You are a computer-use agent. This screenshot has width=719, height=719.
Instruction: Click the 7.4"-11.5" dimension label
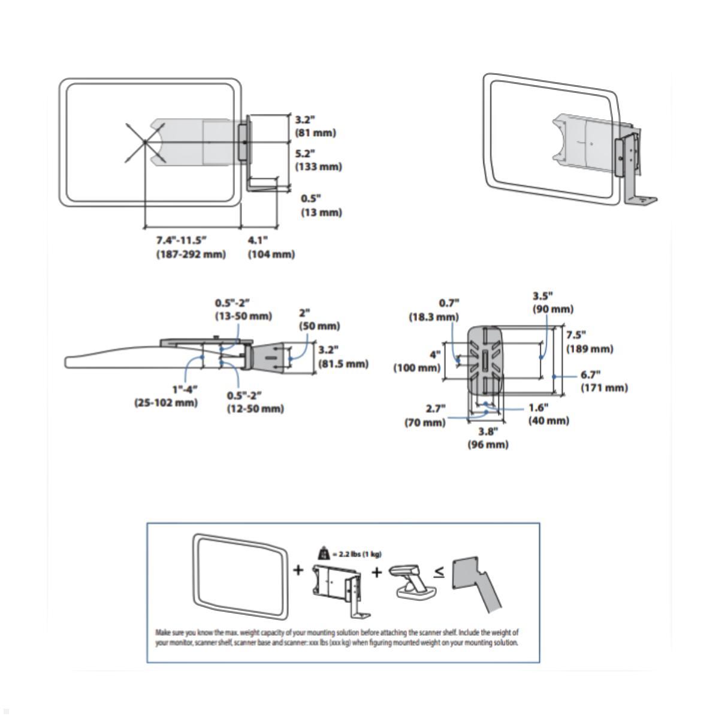191,247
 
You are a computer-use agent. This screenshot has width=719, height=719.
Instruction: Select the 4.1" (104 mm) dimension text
271,247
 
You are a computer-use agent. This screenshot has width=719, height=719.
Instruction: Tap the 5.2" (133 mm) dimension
318,160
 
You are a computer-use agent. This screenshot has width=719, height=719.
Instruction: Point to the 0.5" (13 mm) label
321,205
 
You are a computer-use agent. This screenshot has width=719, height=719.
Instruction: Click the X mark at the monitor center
144,142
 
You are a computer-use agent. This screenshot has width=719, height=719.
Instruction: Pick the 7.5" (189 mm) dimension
590,342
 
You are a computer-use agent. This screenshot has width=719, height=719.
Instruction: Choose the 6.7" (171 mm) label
604,381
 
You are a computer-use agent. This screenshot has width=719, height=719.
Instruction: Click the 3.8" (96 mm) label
488,437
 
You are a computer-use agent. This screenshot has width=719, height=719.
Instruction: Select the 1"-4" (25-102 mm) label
166,396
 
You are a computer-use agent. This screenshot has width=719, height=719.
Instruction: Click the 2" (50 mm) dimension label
319,319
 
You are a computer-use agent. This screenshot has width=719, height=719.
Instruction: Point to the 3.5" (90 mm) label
552,303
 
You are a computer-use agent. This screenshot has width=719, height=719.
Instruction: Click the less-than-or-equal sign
439,572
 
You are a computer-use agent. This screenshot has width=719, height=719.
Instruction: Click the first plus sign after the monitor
298,570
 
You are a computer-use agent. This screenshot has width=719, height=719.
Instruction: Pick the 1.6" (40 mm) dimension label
548,414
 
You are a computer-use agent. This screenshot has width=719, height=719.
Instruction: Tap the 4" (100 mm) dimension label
417,361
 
